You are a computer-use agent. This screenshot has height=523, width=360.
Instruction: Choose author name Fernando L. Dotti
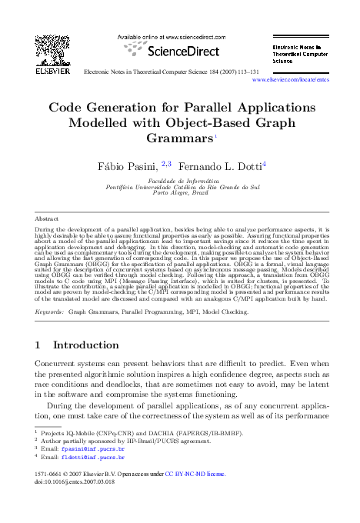coord(222,165)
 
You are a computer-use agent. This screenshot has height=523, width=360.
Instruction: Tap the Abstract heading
coord(47,219)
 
